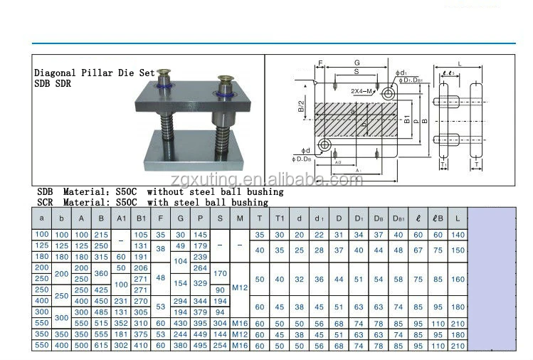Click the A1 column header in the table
(122, 218)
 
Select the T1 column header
(280, 218)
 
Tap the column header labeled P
(201, 218)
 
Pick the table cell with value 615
(102, 345)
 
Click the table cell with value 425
(102, 290)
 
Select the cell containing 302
(122, 345)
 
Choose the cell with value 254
(221, 345)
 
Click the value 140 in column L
(458, 235)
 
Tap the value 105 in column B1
(141, 235)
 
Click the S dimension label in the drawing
(355, 72)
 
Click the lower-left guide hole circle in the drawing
(325, 145)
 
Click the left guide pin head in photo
(166, 73)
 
